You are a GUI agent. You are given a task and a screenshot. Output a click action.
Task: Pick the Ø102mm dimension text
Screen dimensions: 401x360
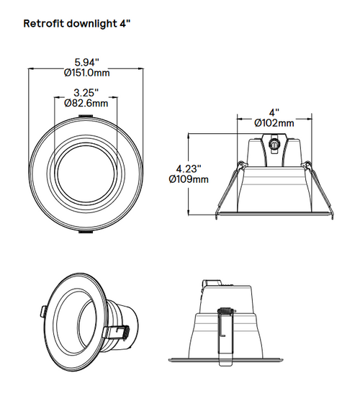point(274,123)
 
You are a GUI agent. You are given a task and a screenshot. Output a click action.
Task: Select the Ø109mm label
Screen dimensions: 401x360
point(188,178)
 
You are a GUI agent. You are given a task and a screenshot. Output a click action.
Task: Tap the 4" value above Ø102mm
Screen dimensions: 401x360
point(274,112)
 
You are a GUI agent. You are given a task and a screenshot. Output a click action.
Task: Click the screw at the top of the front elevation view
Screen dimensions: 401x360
point(274,145)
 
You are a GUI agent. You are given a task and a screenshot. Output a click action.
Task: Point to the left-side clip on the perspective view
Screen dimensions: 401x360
point(45,310)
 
